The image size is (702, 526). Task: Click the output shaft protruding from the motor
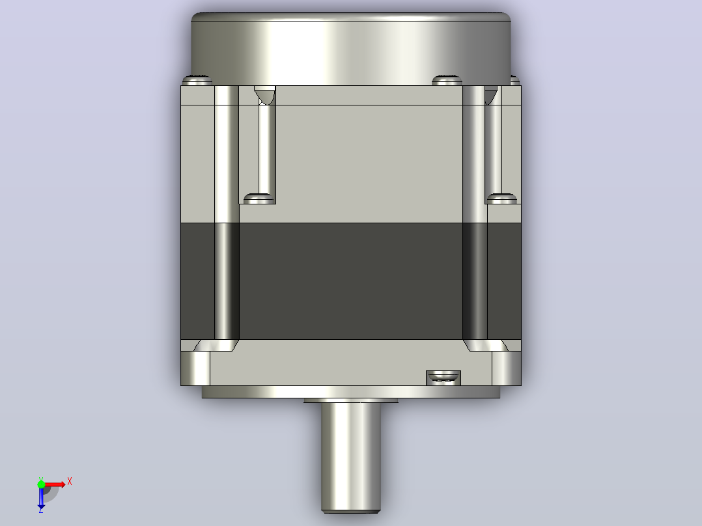pyautogui.click(x=351, y=456)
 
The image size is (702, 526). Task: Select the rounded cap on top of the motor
pyautogui.click(x=351, y=48)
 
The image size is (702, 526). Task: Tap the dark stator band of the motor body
pyautogui.click(x=351, y=281)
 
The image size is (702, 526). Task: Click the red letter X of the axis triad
pyautogui.click(x=70, y=482)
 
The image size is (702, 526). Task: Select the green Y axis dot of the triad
pyautogui.click(x=41, y=484)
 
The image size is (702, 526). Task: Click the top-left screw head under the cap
pyautogui.click(x=197, y=80)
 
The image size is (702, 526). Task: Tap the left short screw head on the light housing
pyautogui.click(x=259, y=199)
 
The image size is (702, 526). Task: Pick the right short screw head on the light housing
pyautogui.click(x=501, y=199)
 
